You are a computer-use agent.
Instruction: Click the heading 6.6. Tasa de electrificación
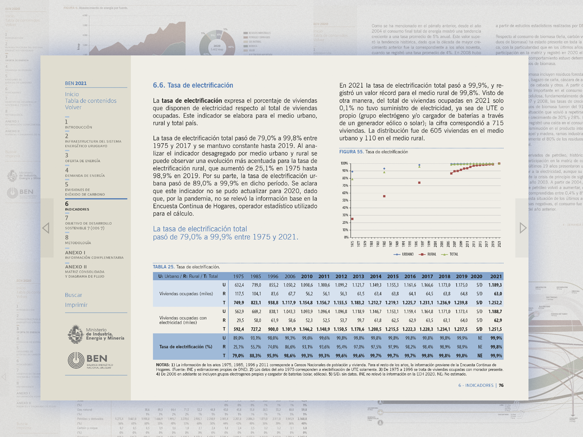pyautogui.click(x=193, y=85)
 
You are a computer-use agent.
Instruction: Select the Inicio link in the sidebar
pyautogui.click(x=72, y=94)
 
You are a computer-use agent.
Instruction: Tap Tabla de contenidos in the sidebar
pyautogui.click(x=91, y=101)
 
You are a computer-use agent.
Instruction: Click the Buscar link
pyautogui.click(x=74, y=295)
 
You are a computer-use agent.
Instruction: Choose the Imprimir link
pyautogui.click(x=76, y=305)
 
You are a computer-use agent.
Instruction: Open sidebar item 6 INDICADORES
pyautogui.click(x=77, y=206)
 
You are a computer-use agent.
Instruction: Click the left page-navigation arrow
pyautogui.click(x=46, y=228)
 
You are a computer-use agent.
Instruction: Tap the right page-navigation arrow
pyautogui.click(x=523, y=228)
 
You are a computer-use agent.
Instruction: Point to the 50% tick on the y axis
pyautogui.click(x=345, y=200)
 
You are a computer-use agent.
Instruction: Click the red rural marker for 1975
pyautogui.click(x=352, y=219)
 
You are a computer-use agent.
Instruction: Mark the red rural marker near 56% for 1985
pyautogui.click(x=384, y=196)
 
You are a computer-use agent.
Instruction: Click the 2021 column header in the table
pyautogui.click(x=496, y=277)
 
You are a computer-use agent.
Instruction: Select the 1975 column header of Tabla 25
pyautogui.click(x=239, y=277)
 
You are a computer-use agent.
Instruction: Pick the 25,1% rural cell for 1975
pyautogui.click(x=239, y=347)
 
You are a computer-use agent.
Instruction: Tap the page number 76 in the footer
pyautogui.click(x=501, y=385)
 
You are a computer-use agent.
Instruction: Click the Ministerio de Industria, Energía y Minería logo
pyautogui.click(x=96, y=334)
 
